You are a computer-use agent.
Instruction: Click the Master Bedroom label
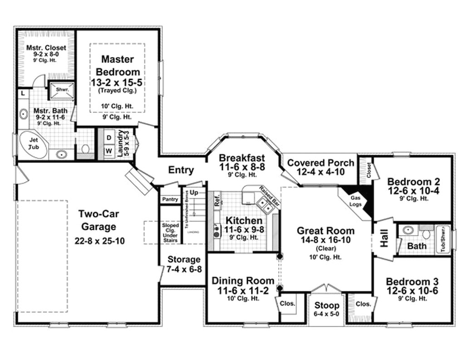point(117,65)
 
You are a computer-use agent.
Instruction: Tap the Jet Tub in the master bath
point(33,144)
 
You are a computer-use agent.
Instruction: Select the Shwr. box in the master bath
point(61,90)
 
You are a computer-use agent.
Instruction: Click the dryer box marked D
point(109,138)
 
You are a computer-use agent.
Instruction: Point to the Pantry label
point(169,199)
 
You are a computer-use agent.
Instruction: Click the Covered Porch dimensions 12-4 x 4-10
point(320,172)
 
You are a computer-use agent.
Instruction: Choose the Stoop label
point(326,305)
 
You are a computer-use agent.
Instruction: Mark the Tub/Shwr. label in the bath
point(443,239)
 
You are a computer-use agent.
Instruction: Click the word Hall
point(384,241)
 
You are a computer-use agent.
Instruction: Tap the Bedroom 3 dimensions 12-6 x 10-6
point(412,291)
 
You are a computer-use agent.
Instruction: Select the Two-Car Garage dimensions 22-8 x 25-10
point(99,241)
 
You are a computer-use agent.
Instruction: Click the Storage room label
point(184,260)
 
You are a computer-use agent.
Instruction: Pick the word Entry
point(181,170)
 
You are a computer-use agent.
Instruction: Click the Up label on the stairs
point(194,192)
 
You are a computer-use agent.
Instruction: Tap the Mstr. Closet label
point(46,48)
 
